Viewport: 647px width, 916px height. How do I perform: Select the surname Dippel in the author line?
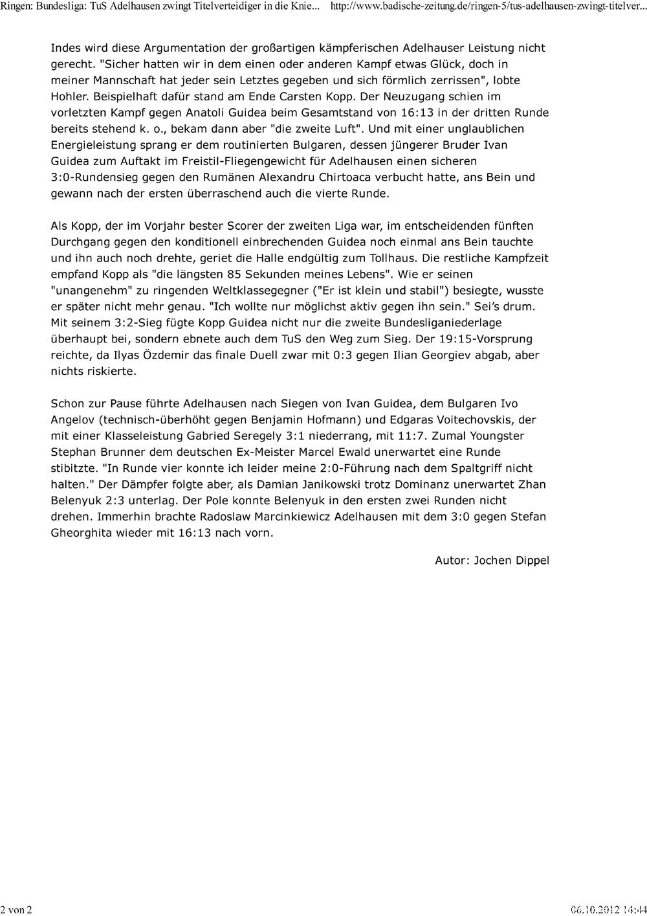point(530,561)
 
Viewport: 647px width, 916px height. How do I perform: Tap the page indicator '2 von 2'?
point(16,910)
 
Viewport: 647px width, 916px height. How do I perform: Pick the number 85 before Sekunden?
point(243,274)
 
